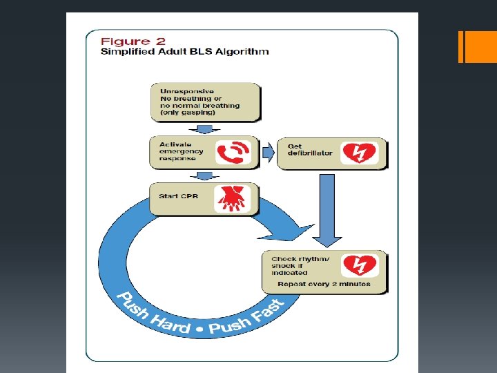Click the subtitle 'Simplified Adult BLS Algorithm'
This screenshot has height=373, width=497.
(184, 51)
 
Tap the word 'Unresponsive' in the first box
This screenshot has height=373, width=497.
(186, 91)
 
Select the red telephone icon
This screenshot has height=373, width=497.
(233, 153)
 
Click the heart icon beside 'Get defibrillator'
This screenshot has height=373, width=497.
(360, 153)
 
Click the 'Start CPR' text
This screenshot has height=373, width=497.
(179, 196)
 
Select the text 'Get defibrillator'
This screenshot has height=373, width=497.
(310, 149)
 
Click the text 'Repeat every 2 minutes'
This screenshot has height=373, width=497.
(324, 284)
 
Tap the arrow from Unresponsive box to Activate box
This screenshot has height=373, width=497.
(204, 128)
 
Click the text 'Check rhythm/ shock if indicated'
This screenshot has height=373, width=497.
(300, 266)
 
